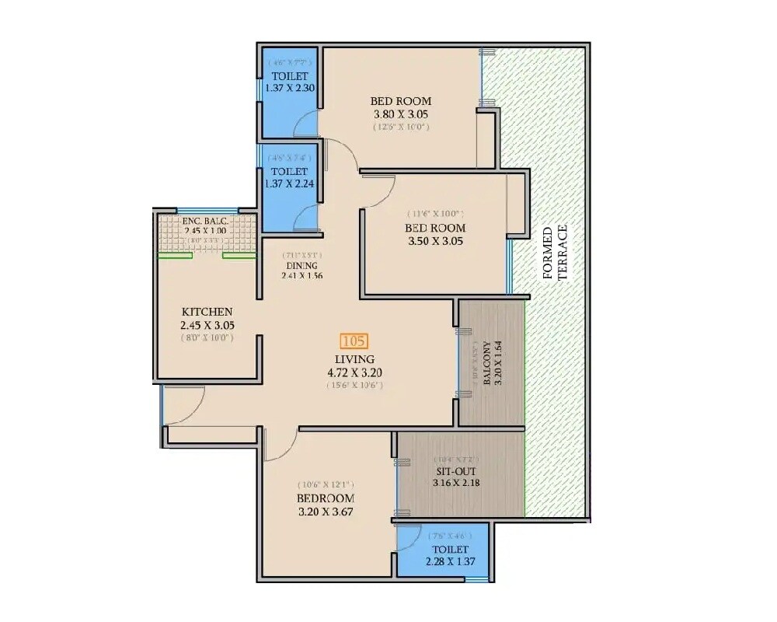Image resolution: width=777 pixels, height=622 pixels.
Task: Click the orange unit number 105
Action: [354, 341]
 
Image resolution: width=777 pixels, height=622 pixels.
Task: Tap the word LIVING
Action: [355, 359]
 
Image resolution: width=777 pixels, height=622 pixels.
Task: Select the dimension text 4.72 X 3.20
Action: [355, 372]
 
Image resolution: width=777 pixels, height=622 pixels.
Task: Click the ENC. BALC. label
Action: [206, 221]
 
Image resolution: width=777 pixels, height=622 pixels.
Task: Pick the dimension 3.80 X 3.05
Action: [401, 114]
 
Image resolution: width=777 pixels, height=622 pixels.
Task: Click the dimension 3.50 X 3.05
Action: [435, 241]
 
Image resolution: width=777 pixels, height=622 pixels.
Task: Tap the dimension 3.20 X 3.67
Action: [325, 512]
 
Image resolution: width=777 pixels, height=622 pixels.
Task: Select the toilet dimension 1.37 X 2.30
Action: [289, 88]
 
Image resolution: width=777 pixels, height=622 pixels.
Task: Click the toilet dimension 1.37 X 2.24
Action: [289, 183]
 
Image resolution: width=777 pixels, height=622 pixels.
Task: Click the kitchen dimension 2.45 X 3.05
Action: [206, 325]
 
